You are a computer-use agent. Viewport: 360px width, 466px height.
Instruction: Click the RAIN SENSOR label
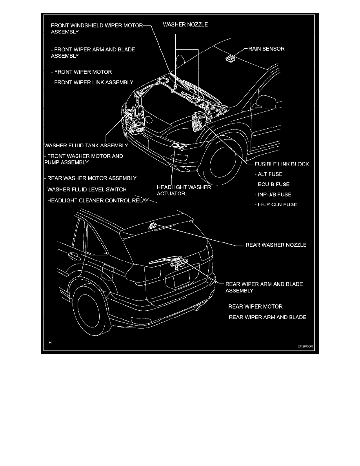(266, 49)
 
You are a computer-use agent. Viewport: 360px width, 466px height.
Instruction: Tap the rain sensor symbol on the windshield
(229, 59)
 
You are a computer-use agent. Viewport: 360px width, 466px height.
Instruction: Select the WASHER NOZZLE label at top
(185, 24)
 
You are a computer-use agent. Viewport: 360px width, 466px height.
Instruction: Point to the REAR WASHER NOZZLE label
(276, 245)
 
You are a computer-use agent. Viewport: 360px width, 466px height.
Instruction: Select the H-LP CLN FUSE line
(276, 204)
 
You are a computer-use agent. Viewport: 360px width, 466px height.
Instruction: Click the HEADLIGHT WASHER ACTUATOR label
(184, 190)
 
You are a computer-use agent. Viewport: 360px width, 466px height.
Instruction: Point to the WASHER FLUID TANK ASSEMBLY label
(86, 145)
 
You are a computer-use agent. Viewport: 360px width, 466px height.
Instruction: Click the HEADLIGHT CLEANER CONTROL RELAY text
(97, 200)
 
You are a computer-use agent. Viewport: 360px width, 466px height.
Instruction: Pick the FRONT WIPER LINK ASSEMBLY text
(93, 82)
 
